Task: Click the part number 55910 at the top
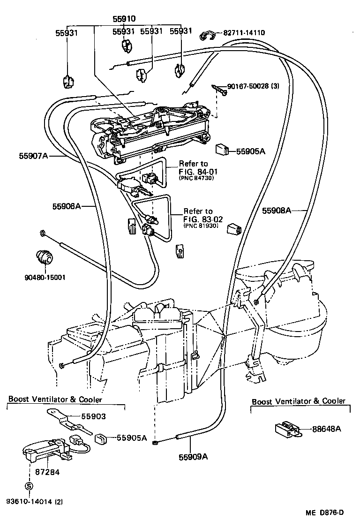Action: (x=124, y=19)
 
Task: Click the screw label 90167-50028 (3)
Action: (x=253, y=86)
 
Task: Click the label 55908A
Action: (x=276, y=211)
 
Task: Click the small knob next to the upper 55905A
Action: (x=222, y=151)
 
